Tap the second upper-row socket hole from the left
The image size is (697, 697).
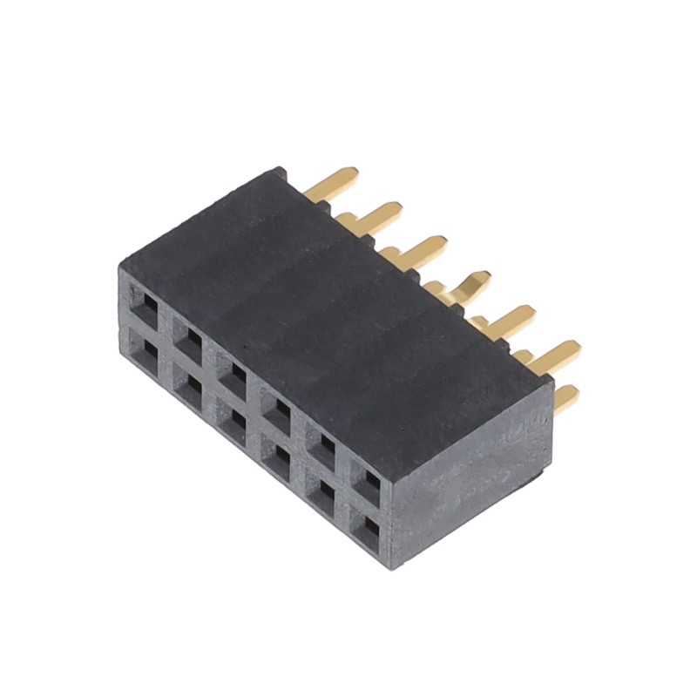190,339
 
